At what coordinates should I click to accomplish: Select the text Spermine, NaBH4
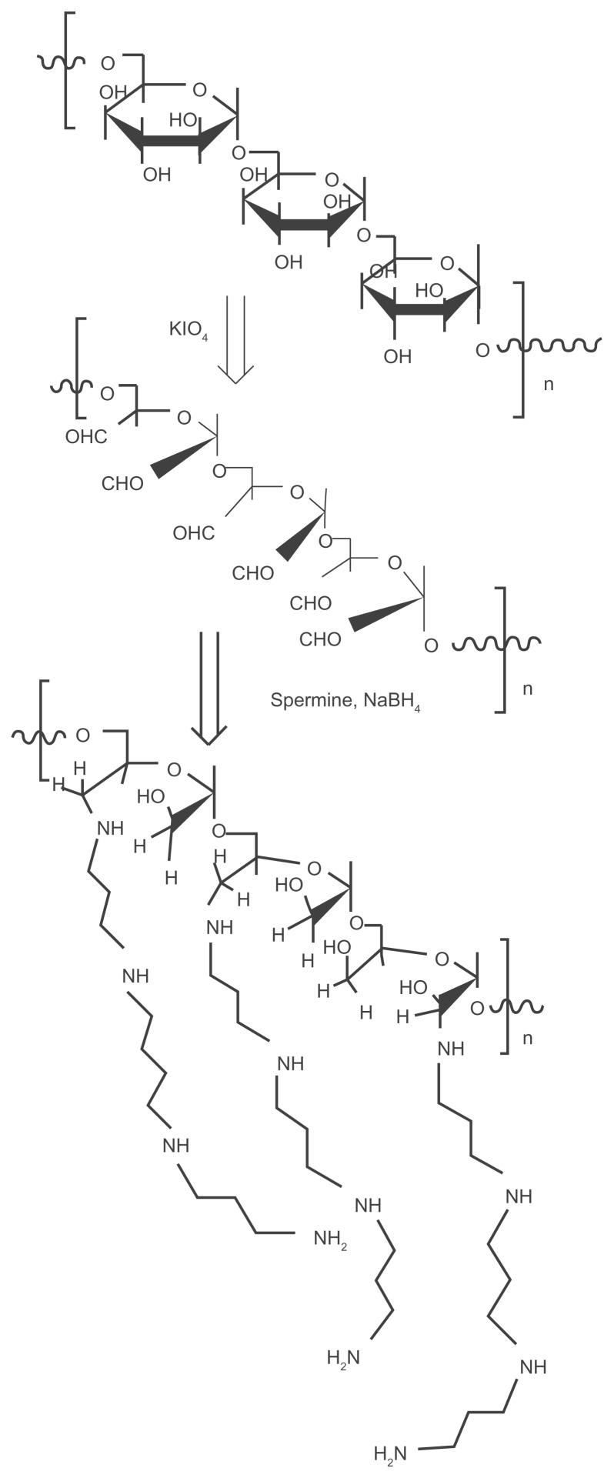pos(345,701)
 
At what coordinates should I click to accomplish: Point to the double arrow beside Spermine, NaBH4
pos(209,687)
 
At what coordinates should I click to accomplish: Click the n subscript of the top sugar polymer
pos(549,383)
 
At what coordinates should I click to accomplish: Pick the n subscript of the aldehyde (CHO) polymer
pos(528,689)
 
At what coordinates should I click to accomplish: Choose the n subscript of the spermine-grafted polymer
pos(528,1038)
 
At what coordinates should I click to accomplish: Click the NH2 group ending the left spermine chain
pos(329,1239)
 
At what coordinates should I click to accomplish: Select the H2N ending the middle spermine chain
pos(343,1358)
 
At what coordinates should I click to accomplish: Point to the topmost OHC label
pos(86,437)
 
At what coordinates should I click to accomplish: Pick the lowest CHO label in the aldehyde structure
pos(320,639)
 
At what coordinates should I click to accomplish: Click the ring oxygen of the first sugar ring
pos(199,91)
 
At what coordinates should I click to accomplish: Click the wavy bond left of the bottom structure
pos(39,736)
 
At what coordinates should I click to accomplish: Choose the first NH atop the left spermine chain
pos(110,829)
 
